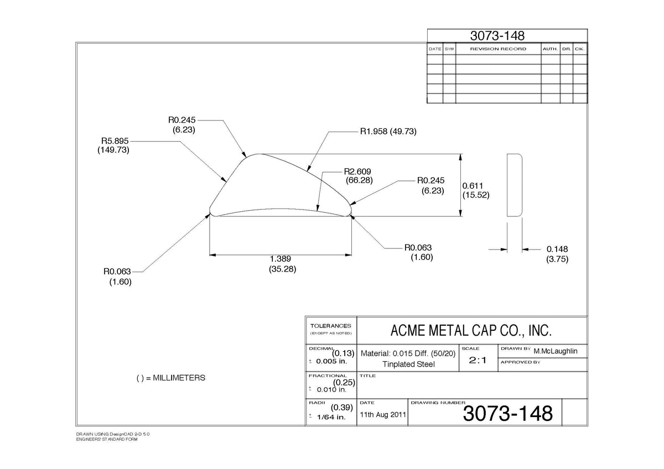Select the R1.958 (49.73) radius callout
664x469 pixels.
click(388, 131)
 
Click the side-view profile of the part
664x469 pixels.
click(514, 185)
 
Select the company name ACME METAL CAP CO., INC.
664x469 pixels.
click(471, 331)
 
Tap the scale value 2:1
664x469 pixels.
click(478, 360)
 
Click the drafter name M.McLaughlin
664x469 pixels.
click(556, 351)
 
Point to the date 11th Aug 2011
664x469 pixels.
click(383, 414)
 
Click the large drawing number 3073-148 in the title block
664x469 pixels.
click(508, 413)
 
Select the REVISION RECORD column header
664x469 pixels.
click(499, 49)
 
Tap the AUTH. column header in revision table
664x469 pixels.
click(551, 49)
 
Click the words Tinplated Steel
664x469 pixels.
click(408, 364)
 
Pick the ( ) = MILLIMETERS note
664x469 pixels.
click(171, 378)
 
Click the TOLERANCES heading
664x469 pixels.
click(330, 326)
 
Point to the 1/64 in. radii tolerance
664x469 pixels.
click(331, 417)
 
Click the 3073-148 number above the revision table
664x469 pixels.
click(497, 35)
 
